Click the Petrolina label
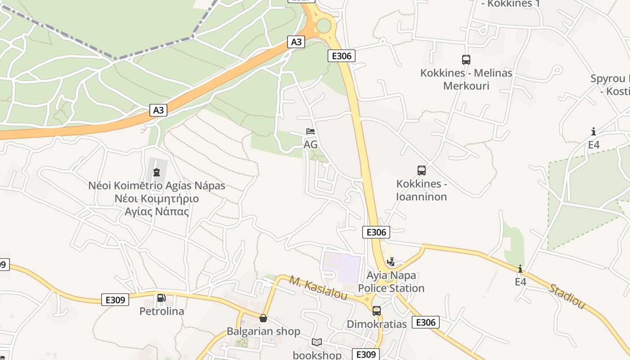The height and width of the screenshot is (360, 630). point(162,311)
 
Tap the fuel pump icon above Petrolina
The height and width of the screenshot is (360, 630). point(161,298)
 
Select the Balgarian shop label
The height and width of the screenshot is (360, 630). point(263,332)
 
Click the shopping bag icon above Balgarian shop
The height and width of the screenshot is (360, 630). point(263,319)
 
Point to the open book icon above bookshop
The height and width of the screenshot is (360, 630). point(317,342)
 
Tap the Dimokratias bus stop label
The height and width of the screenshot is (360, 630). point(376,324)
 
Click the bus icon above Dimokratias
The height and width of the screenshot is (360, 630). point(377,310)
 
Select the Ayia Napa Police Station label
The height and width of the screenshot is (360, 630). point(391,282)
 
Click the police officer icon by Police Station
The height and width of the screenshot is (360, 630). point(391,261)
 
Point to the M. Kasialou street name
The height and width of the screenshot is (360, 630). point(318,288)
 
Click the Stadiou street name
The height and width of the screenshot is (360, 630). point(567,296)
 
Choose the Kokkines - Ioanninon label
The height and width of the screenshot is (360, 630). point(422,190)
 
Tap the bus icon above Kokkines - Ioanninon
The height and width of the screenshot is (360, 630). point(422,171)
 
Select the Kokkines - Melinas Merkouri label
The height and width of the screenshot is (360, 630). point(466,79)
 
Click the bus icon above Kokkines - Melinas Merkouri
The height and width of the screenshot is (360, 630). point(466,59)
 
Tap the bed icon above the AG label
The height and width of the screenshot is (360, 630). point(310,131)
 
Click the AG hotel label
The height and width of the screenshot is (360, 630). point(310,144)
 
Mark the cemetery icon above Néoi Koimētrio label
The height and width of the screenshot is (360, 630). point(157,172)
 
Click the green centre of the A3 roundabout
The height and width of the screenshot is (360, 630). point(324,26)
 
